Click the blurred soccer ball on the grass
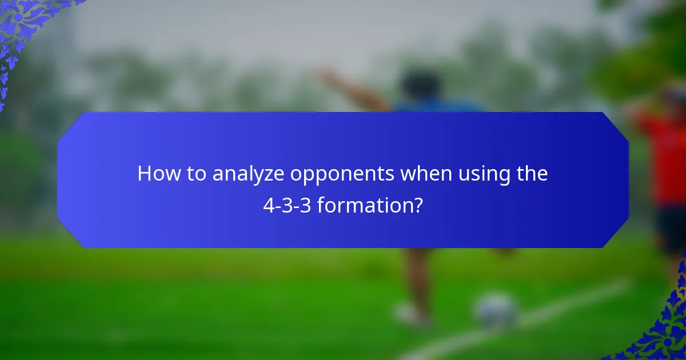[x=496, y=311]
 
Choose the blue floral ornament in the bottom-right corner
[x=663, y=331]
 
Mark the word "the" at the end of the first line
[x=531, y=174]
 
